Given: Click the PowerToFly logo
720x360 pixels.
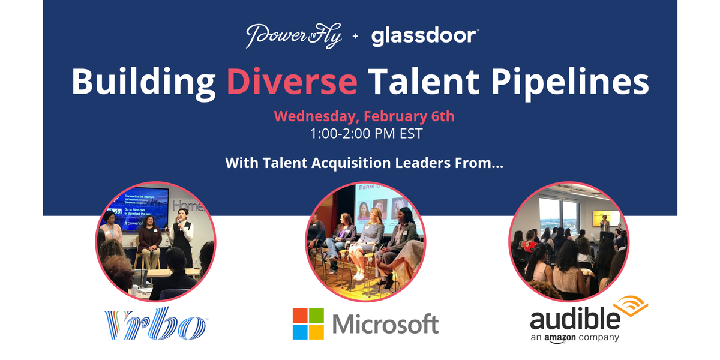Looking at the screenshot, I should (293, 37).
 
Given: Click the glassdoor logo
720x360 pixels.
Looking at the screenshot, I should (424, 37).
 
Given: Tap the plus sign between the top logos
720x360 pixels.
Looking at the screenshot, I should (355, 37).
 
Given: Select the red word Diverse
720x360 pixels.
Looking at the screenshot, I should (292, 82).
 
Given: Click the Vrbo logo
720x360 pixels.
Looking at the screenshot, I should (155, 324).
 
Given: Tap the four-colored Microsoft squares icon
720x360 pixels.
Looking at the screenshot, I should (308, 324).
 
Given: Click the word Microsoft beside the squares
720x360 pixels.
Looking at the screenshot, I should (385, 325).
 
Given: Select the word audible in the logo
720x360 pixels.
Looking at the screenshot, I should (575, 319).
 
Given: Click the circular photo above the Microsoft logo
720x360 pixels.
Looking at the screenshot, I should (365, 239).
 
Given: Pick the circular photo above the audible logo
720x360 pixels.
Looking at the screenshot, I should (568, 239).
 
